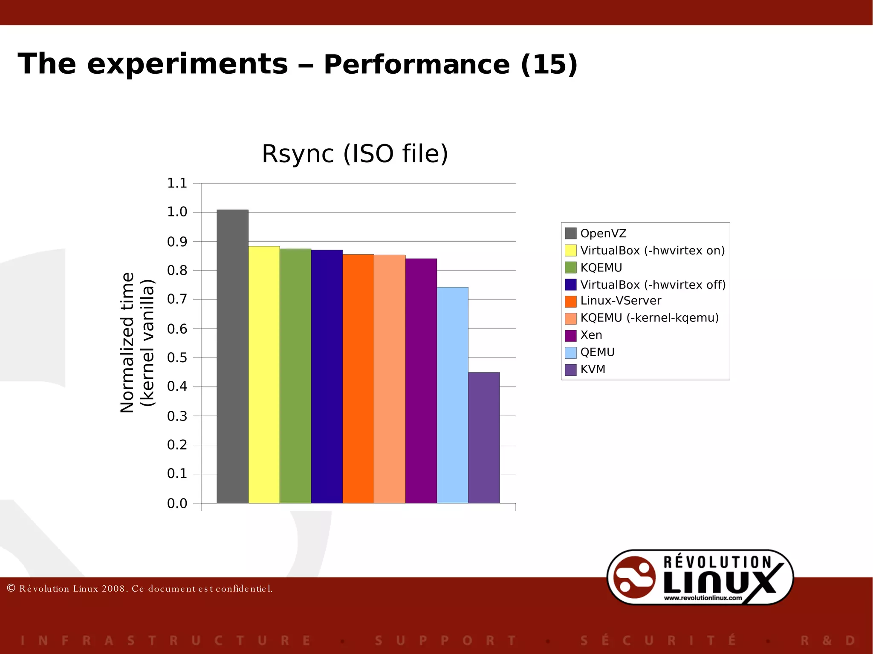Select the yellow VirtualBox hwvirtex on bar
[x=264, y=375]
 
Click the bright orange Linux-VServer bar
[x=358, y=379]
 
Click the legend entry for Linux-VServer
[x=621, y=301]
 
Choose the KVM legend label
[x=593, y=369]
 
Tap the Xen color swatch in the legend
[x=570, y=335]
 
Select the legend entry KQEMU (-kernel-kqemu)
[x=649, y=318]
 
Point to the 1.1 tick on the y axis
[x=177, y=183]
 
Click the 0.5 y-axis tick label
[x=177, y=357]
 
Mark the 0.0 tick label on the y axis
[x=177, y=503]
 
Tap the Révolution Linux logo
[x=700, y=577]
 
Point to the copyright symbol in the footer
[x=12, y=588]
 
